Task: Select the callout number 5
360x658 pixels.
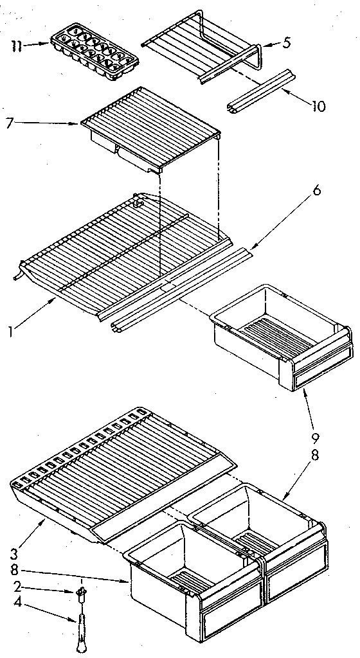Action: tap(287, 43)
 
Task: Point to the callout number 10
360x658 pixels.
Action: tap(318, 107)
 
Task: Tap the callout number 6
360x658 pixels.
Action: tap(317, 190)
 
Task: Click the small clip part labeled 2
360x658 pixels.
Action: tap(82, 591)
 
